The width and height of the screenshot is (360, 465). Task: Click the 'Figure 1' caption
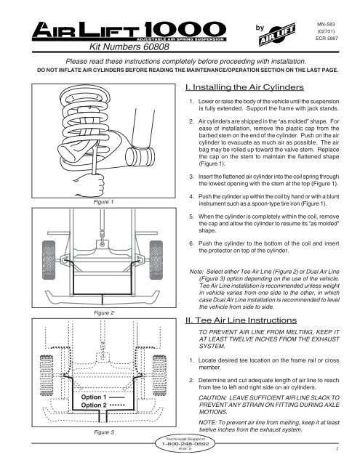click(94, 204)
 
